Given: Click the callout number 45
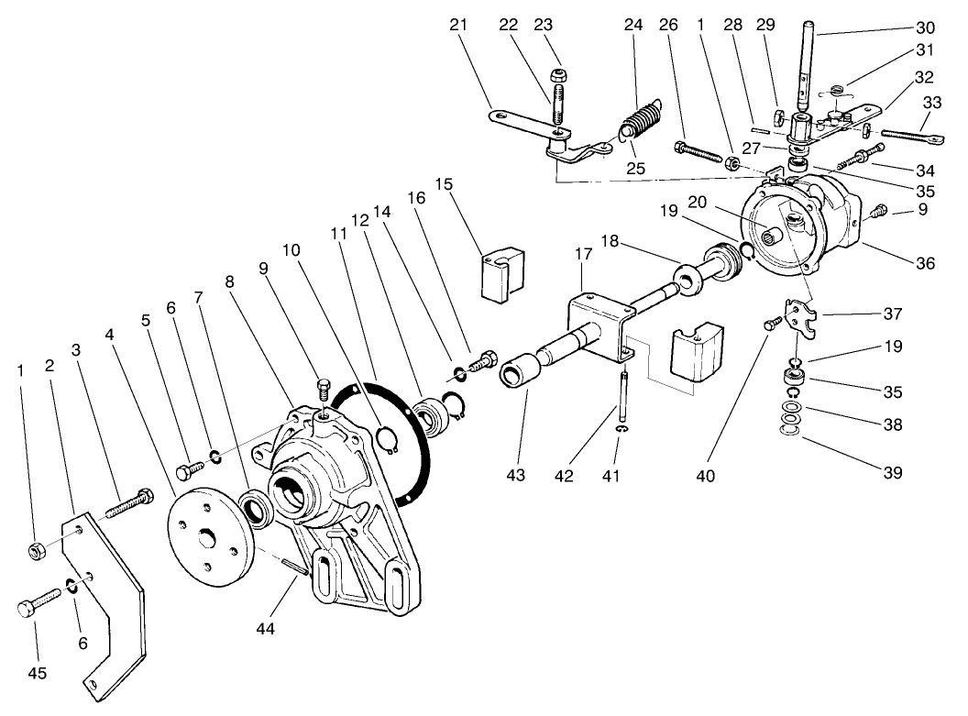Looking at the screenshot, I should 36,674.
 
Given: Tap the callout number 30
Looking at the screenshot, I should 926,28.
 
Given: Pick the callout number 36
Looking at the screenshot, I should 925,264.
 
